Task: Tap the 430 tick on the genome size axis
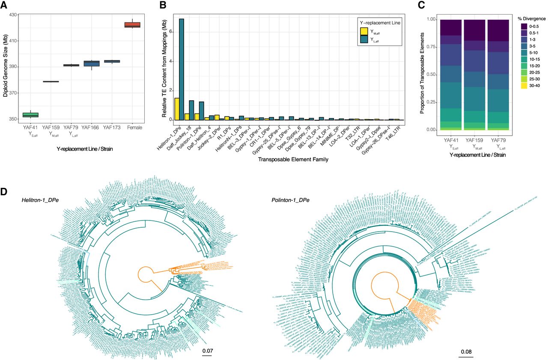(12, 15)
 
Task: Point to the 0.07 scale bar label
(207, 351)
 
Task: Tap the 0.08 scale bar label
(467, 352)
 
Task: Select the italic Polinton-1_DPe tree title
(291, 200)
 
